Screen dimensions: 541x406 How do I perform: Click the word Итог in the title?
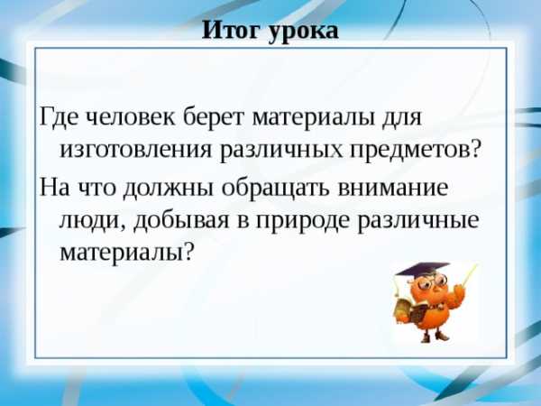[x=233, y=30]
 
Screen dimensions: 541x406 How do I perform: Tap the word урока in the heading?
[x=304, y=32]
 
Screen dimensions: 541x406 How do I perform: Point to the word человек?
[x=130, y=117]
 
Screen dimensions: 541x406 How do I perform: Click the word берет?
[x=215, y=116]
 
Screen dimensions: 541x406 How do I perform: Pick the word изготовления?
[x=136, y=152]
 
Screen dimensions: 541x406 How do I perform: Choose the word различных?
[x=281, y=152]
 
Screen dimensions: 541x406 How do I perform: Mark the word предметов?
[x=409, y=152]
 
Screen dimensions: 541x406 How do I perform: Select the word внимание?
[x=392, y=188]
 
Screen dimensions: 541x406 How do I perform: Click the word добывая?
[x=181, y=221]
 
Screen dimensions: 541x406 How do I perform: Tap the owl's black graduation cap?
[x=422, y=269]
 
